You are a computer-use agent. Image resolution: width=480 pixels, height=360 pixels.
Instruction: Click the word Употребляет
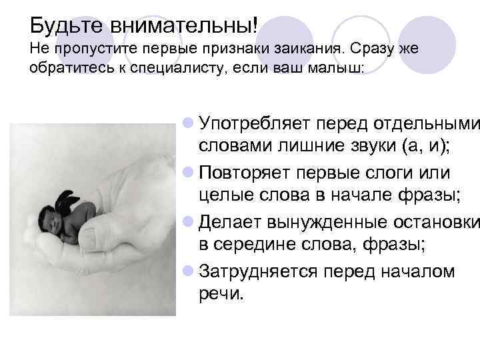[x=255, y=123]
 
